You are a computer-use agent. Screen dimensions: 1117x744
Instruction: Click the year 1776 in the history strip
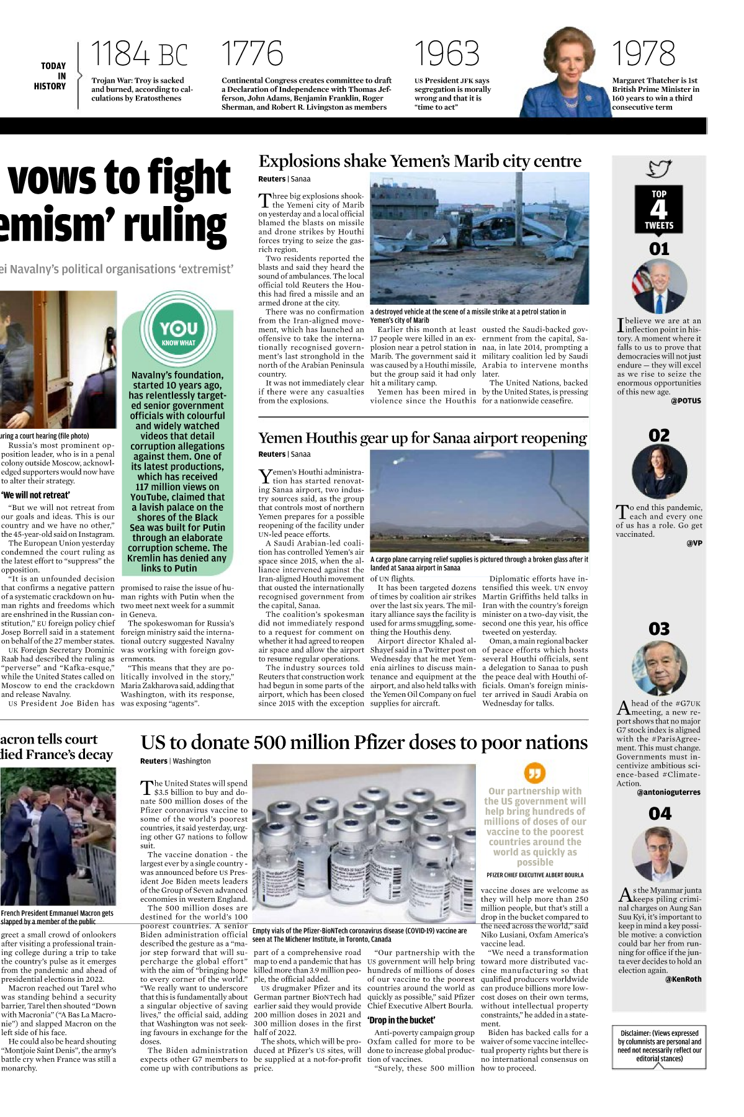pyautogui.click(x=252, y=54)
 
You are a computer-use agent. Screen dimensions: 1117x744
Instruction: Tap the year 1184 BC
pyautogui.click(x=139, y=54)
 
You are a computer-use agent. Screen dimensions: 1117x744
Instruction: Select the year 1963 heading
pyautogui.click(x=447, y=54)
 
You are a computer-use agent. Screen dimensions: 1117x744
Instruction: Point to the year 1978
pyautogui.click(x=643, y=54)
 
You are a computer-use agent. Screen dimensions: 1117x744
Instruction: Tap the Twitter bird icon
pyautogui.click(x=659, y=169)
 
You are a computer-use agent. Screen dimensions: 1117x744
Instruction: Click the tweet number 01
pyautogui.click(x=659, y=249)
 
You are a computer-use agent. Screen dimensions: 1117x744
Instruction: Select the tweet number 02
pyautogui.click(x=659, y=435)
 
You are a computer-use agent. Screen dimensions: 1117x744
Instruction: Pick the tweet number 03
pyautogui.click(x=659, y=629)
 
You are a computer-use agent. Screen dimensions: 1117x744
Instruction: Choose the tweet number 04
pyautogui.click(x=660, y=814)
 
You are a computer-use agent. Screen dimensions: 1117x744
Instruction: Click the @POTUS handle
pyautogui.click(x=686, y=401)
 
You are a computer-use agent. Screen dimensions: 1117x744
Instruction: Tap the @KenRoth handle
pyautogui.click(x=683, y=979)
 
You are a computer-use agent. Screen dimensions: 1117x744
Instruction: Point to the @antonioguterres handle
pyautogui.click(x=668, y=792)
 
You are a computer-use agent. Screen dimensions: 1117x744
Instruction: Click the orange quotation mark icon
pyautogui.click(x=534, y=773)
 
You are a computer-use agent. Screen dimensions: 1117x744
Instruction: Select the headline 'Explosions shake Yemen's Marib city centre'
pyautogui.click(x=419, y=161)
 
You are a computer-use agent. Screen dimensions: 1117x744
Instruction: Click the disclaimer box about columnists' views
pyautogui.click(x=659, y=1046)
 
